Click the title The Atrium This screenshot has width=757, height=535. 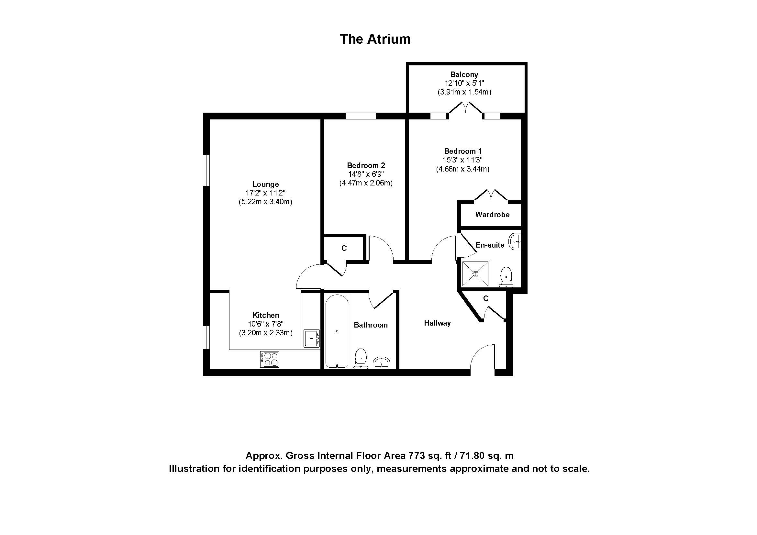375,39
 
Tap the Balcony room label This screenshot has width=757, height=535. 464,74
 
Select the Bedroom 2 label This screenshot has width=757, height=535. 366,165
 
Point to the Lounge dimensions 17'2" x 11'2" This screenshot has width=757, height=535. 265,193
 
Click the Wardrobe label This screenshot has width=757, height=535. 492,215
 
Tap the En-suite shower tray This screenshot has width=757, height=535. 475,273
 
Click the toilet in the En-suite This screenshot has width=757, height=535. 506,276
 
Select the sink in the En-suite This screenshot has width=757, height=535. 515,242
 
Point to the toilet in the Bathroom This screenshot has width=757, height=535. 361,359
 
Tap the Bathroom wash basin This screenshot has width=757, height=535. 382,363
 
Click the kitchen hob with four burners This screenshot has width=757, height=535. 270,359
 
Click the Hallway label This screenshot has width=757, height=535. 437,323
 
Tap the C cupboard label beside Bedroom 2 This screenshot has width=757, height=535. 344,248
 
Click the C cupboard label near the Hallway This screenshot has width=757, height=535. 485,298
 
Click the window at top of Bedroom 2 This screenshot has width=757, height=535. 361,116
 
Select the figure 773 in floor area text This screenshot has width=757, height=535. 417,456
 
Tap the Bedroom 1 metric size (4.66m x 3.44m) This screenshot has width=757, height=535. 462,169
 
